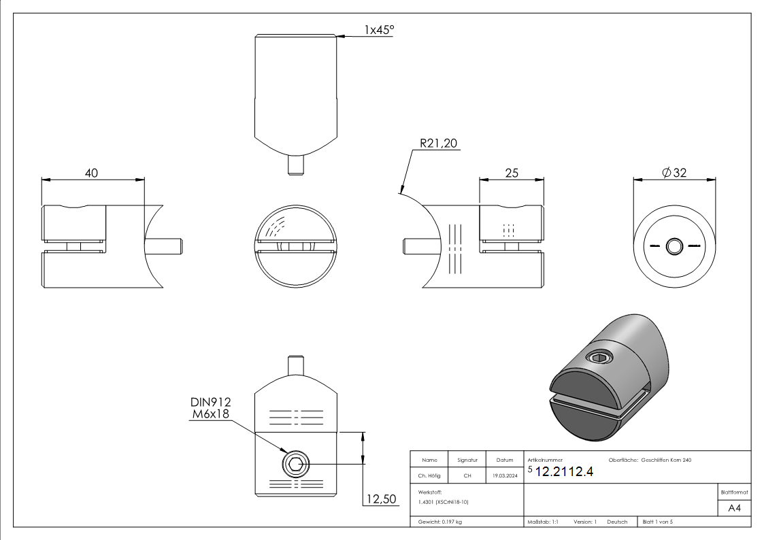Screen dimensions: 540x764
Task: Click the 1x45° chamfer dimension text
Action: (379, 30)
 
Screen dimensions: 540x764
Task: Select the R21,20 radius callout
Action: (439, 144)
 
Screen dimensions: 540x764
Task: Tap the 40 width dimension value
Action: (90, 173)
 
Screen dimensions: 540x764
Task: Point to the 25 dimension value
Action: (512, 173)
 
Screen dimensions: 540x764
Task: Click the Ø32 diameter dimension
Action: (674, 173)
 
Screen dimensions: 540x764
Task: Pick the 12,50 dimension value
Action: (381, 499)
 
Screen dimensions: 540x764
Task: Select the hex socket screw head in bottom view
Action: (295, 465)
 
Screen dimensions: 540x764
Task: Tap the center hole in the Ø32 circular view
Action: (674, 246)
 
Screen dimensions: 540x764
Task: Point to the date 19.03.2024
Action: (504, 476)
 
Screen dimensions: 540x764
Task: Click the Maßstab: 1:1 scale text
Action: (543, 522)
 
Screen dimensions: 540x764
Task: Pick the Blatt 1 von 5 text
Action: (657, 522)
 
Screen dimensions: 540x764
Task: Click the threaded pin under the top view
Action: (295, 164)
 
